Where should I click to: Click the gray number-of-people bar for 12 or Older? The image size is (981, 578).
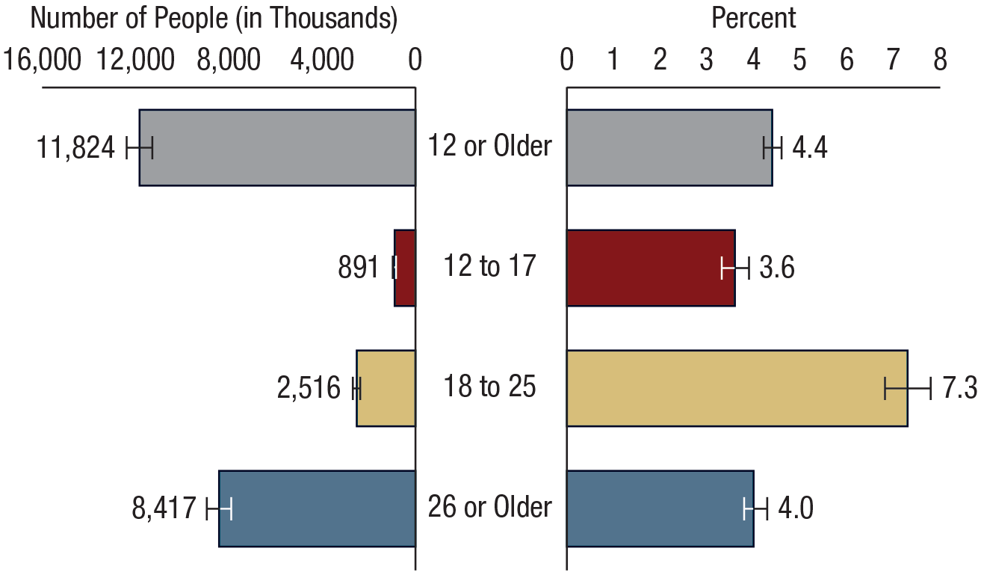pyautogui.click(x=276, y=147)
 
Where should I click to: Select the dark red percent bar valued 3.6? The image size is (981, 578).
pyautogui.click(x=650, y=268)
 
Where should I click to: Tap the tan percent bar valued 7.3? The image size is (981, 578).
pyautogui.click(x=737, y=388)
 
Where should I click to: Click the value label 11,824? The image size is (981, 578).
pyautogui.click(x=75, y=148)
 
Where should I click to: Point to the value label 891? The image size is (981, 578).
pyautogui.click(x=359, y=268)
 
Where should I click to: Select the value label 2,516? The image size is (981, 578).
pyautogui.click(x=309, y=389)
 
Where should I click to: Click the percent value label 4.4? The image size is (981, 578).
pyautogui.click(x=809, y=148)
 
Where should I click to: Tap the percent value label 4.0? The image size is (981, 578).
pyautogui.click(x=795, y=509)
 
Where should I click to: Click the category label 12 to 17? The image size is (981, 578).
pyautogui.click(x=490, y=265)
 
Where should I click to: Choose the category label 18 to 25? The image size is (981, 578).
pyautogui.click(x=490, y=387)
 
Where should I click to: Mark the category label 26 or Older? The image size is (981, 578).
pyautogui.click(x=490, y=507)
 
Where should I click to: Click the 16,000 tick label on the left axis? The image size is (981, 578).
pyautogui.click(x=43, y=61)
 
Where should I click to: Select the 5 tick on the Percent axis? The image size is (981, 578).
pyautogui.click(x=799, y=61)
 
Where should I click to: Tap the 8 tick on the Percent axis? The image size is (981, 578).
pyautogui.click(x=940, y=61)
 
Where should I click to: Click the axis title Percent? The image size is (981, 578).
pyautogui.click(x=754, y=19)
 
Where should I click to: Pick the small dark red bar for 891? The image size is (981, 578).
pyautogui.click(x=404, y=268)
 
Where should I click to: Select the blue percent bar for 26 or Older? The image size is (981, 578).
pyautogui.click(x=660, y=508)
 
